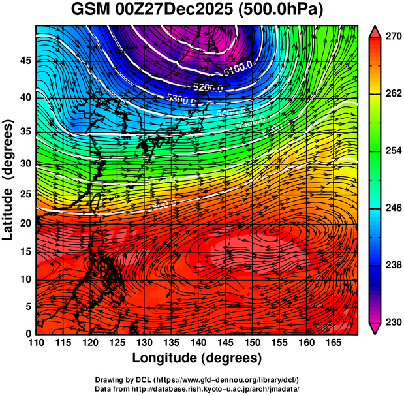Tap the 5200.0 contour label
pyautogui.click(x=208, y=87)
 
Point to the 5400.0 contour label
pyautogui.click(x=229, y=113)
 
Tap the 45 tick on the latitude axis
pyautogui.click(x=25, y=61)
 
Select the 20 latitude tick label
pyautogui.click(x=25, y=223)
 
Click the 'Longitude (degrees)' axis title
pyautogui.click(x=197, y=358)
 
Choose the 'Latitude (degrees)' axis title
pyautogui.click(x=9, y=180)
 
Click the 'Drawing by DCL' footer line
pyautogui.click(x=197, y=379)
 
